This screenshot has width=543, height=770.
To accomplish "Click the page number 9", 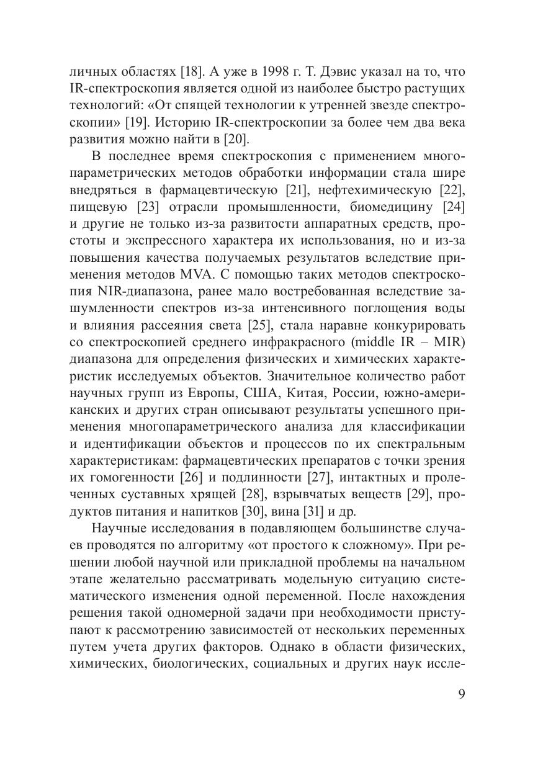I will point(460,694).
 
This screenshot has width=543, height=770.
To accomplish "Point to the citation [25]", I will point(259,325).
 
